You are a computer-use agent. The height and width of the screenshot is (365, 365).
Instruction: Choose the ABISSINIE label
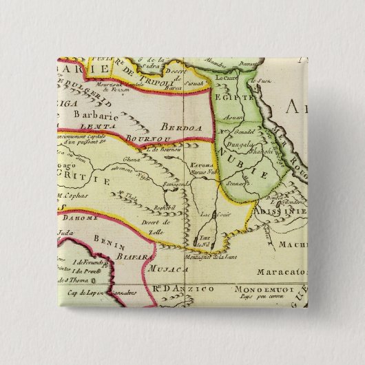(282, 212)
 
